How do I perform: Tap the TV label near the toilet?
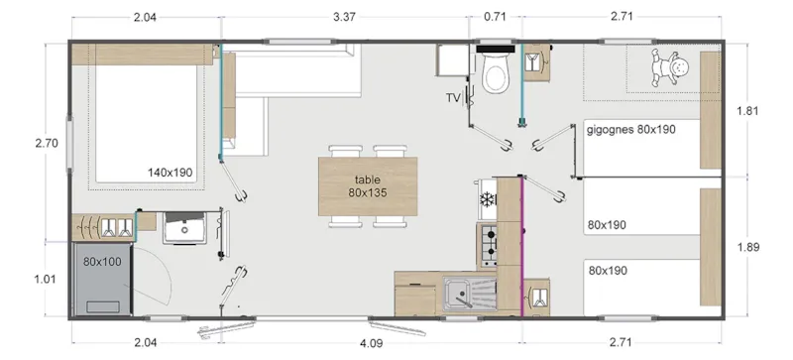click(454, 97)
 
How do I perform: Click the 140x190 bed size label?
click(170, 173)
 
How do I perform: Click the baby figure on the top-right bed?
click(664, 67)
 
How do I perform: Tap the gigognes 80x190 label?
click(631, 130)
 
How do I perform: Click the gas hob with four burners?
click(487, 245)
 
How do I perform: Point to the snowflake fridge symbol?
click(487, 199)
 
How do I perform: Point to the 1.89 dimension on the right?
click(748, 247)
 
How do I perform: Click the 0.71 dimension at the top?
click(495, 16)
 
